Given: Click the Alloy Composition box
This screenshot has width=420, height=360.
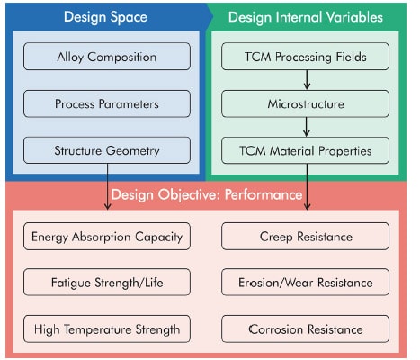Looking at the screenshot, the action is pos(107,57).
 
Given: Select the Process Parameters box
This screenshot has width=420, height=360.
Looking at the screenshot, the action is pos(107,103).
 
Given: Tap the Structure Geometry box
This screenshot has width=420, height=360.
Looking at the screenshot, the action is pos(107,150).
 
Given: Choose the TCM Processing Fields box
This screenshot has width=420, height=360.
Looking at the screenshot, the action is pos(305,57).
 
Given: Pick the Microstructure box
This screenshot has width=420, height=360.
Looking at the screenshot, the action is pos(305,103).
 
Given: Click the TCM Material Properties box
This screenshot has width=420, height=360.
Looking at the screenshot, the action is pos(305,150).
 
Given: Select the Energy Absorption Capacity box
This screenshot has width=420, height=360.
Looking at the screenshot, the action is pos(107,237).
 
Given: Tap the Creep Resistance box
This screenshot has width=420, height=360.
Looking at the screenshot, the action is pos(305,237).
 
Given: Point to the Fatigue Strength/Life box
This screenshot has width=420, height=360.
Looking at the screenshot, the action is pos(107,283).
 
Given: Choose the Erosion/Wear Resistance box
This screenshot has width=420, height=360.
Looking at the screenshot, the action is pos(305,283).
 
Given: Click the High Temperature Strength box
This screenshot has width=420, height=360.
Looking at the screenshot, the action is pos(107,328).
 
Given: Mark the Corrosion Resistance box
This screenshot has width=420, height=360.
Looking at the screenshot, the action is pos(305,328).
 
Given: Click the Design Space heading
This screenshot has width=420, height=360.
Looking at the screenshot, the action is pos(105,17).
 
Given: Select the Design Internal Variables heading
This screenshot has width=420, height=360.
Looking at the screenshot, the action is pos(306,17).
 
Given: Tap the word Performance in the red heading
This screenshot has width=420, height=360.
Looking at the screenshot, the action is pos(264,194).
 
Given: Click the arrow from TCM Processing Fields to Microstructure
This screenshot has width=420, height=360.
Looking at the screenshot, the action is pos(307,80).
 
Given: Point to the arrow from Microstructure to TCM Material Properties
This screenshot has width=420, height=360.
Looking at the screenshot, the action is pos(307,127).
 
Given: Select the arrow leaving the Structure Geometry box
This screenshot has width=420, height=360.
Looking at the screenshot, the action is pos(107,186).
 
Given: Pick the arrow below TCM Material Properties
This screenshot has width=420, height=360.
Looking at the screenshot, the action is pos(307,186).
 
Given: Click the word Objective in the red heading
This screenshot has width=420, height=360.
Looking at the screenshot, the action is pos(190,195).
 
